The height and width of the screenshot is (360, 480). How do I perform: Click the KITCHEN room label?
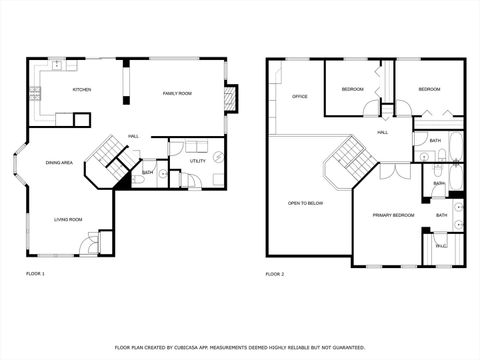(x=82, y=90)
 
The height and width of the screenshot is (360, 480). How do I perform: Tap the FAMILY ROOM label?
(x=177, y=93)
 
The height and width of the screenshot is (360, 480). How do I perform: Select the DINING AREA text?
(x=59, y=162)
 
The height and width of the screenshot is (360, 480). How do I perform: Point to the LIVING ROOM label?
(x=68, y=219)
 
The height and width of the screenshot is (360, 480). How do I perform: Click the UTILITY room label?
(x=198, y=161)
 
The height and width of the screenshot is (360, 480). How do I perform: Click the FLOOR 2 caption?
(x=275, y=273)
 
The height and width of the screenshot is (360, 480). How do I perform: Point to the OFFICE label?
(x=298, y=97)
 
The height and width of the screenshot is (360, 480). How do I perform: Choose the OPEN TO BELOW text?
(x=305, y=203)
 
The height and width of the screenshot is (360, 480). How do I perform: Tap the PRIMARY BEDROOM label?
(x=394, y=215)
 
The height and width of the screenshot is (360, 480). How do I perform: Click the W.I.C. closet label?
(x=441, y=246)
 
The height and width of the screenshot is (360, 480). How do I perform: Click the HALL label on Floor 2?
(x=383, y=132)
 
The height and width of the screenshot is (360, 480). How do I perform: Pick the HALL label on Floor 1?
(x=133, y=136)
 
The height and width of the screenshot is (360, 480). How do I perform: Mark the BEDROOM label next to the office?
(x=352, y=90)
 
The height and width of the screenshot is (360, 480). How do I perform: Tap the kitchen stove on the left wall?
(x=35, y=96)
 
